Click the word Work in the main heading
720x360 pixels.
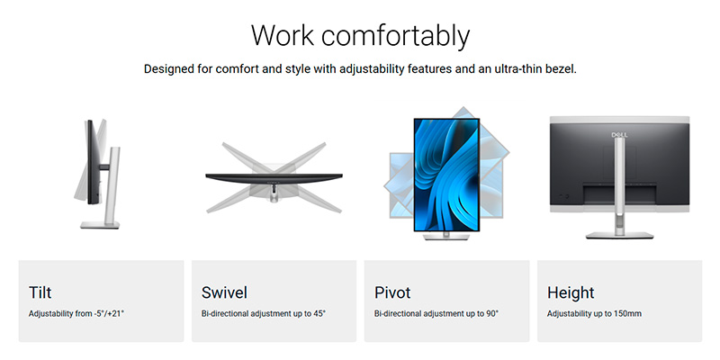click(x=283, y=35)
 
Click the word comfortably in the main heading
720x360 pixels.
click(x=395, y=37)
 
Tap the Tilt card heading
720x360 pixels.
click(x=40, y=292)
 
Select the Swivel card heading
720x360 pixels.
click(x=224, y=292)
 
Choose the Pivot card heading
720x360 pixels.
click(x=392, y=292)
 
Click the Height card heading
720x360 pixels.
click(x=571, y=293)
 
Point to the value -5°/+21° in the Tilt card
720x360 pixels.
click(x=107, y=313)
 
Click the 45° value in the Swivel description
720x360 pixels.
click(x=319, y=313)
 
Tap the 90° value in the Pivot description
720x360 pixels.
click(x=491, y=313)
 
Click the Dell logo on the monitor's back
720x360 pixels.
click(x=619, y=134)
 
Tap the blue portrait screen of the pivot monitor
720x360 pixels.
click(x=446, y=175)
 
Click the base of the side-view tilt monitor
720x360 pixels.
click(x=100, y=224)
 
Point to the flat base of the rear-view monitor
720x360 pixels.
click(x=619, y=235)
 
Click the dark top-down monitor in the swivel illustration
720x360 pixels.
click(x=274, y=177)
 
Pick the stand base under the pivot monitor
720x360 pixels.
click(x=446, y=236)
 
